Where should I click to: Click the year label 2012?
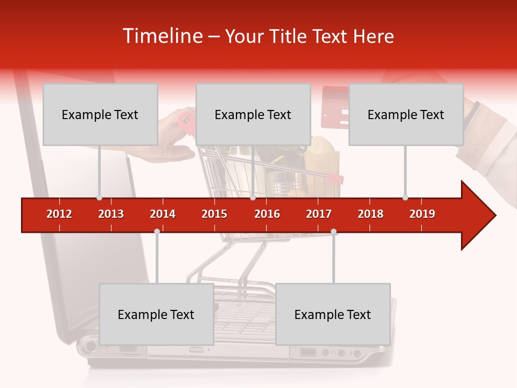click(59, 214)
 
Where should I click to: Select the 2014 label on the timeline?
click(163, 214)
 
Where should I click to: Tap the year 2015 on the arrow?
click(214, 214)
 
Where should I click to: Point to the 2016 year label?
click(267, 214)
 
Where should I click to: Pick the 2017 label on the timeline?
click(319, 214)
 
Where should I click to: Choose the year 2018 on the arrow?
click(371, 214)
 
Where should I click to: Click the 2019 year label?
click(422, 214)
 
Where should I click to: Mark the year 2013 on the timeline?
click(111, 214)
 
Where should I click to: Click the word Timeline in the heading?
click(162, 36)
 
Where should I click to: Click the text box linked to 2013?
click(100, 114)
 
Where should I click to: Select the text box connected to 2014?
click(156, 314)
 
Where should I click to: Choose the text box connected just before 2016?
click(253, 114)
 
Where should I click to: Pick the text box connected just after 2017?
click(333, 314)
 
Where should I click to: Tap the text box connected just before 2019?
click(406, 114)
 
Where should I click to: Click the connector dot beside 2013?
click(99, 197)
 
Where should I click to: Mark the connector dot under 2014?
click(157, 231)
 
